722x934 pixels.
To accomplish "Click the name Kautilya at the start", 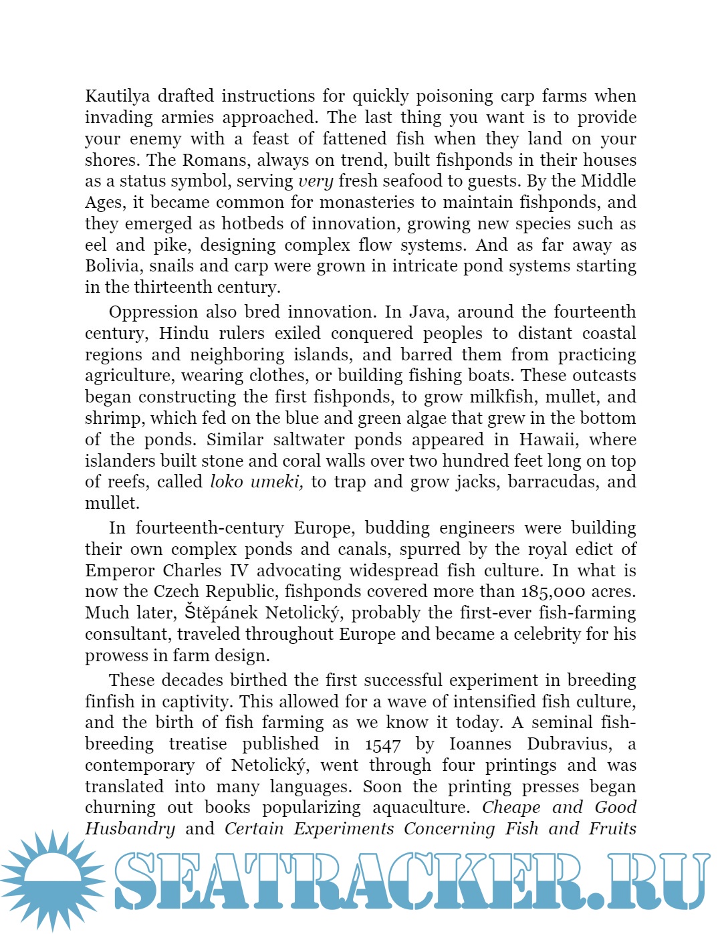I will pos(118,96).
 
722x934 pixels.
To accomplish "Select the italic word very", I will pos(316,181).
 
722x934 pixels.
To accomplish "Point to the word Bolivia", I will pos(114,266).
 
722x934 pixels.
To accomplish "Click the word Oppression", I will pos(153,312).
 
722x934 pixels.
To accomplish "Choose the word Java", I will pos(427,312).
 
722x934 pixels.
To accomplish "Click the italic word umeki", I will pos(276,482).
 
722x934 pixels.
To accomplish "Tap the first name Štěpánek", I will pos(221,613).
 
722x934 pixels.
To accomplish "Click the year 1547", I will pos(383,744).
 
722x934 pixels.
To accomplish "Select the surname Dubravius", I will pos(569,744).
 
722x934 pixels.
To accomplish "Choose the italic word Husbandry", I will pos(130,829).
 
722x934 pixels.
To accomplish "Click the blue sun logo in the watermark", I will pos(52,879).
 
